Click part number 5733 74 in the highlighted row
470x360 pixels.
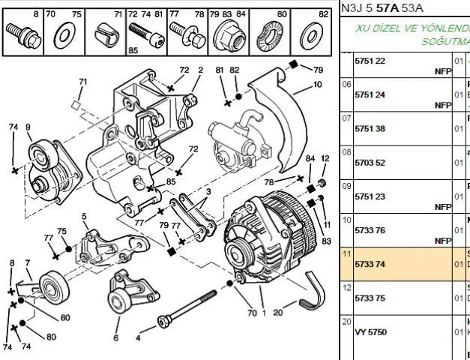click(x=370, y=264)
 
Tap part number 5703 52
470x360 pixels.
click(x=370, y=163)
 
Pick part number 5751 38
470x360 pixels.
click(x=370, y=129)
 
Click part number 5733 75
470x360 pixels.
click(x=370, y=298)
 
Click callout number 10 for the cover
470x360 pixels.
click(x=318, y=85)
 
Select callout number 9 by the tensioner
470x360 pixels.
click(x=28, y=127)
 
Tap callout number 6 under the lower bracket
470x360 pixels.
click(x=115, y=337)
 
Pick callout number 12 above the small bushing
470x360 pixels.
click(x=325, y=159)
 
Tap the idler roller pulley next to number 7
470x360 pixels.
click(x=52, y=286)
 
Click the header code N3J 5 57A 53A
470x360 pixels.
click(x=382, y=8)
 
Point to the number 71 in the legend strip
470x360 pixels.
click(x=118, y=14)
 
